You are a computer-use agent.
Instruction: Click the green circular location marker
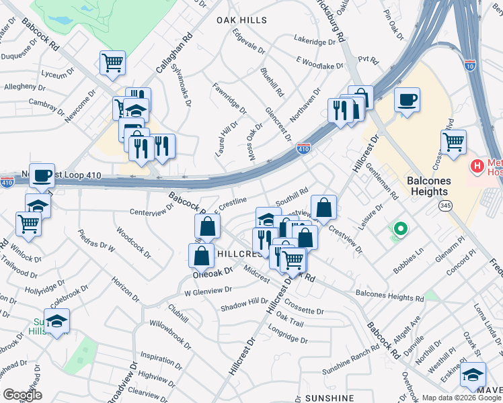point(400,230)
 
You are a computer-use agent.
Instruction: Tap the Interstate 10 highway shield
point(469,65)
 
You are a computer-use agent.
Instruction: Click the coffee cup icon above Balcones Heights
point(407,101)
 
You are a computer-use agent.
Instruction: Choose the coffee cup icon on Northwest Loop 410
point(42,176)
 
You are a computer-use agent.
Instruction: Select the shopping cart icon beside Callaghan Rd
point(112,63)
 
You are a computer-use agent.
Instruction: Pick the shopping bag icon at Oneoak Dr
point(202,255)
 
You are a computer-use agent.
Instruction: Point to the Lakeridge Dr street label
point(315,42)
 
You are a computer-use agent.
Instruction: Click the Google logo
point(22,395)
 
